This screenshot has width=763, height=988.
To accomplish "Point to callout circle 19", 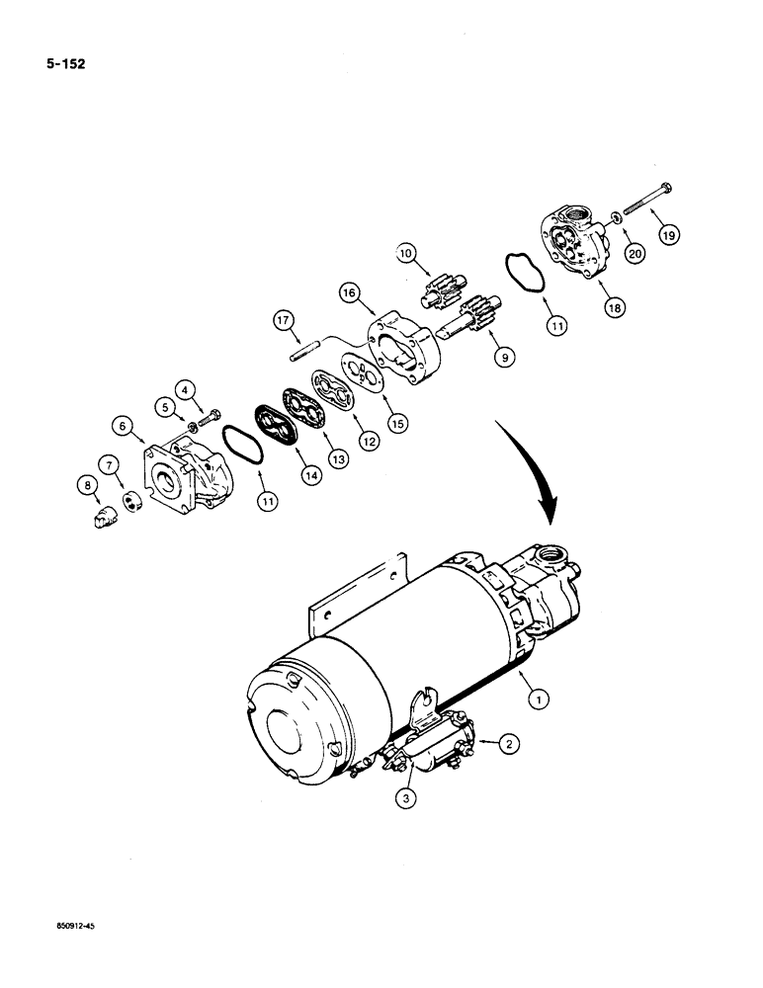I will [x=671, y=234].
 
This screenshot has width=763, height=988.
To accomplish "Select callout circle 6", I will [x=125, y=425].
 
